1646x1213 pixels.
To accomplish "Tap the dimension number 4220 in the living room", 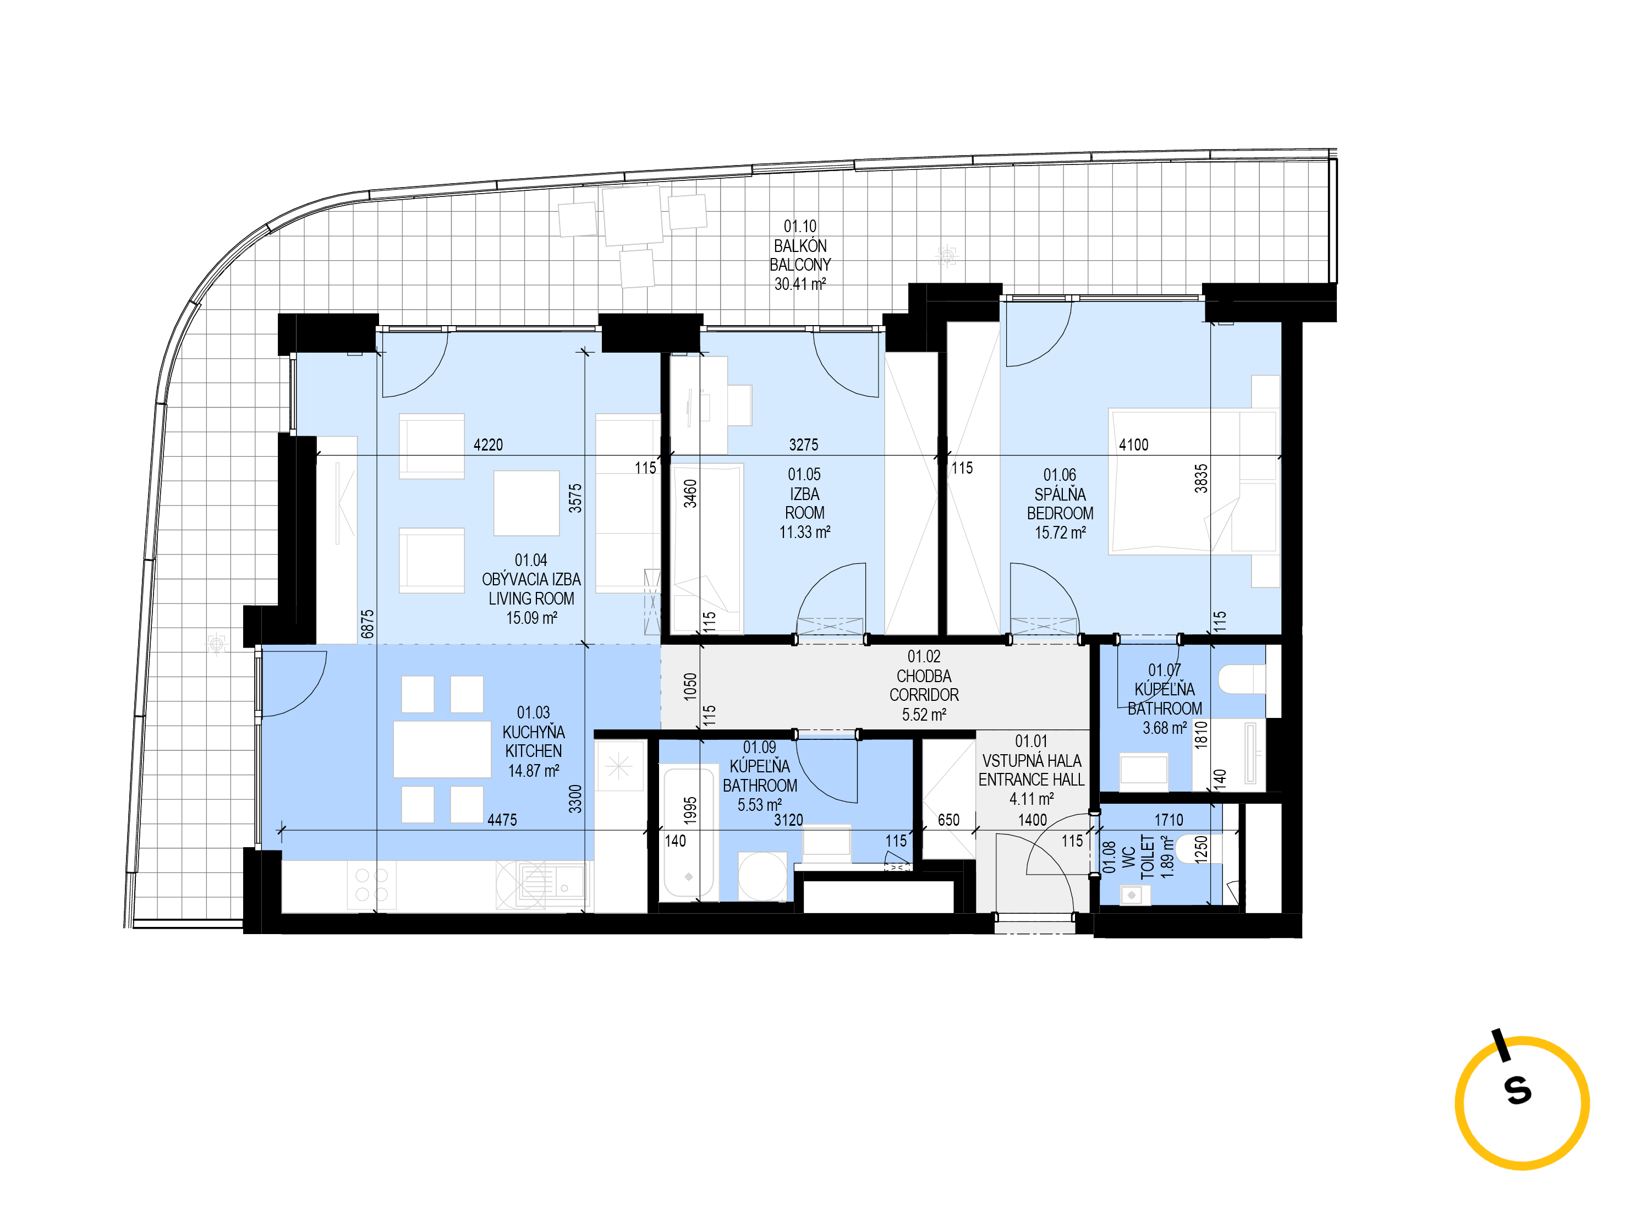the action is (x=488, y=444).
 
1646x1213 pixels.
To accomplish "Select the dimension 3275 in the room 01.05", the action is (x=803, y=444).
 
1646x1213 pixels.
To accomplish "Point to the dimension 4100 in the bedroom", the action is (x=1134, y=444).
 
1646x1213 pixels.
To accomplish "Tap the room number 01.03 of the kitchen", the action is (x=533, y=712).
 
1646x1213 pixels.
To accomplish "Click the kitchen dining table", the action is (x=442, y=749).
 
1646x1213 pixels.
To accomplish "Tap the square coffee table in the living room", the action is (x=526, y=503).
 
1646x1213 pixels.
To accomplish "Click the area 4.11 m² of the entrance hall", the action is (x=1032, y=799).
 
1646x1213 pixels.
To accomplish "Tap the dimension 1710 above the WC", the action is (x=1169, y=820).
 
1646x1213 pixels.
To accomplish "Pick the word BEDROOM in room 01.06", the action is (x=1060, y=513).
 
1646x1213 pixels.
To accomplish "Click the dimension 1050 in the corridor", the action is (x=690, y=687).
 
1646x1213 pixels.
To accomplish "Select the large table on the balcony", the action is (x=633, y=215).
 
